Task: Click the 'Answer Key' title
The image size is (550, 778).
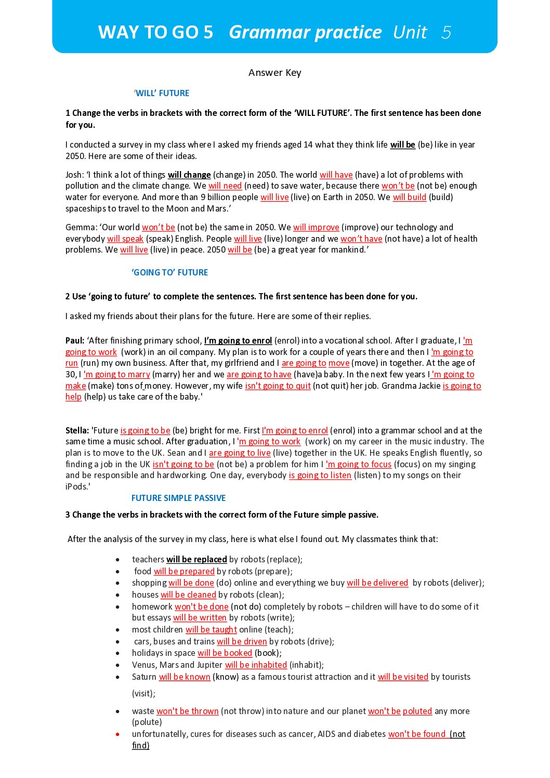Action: pyautogui.click(x=274, y=73)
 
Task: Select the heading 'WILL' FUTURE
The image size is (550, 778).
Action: pyautogui.click(x=162, y=94)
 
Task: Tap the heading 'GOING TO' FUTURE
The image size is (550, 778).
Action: pyautogui.click(x=169, y=272)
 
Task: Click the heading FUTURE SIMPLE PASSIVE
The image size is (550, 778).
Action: pyautogui.click(x=178, y=498)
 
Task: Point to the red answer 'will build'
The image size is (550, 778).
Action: pyautogui.click(x=409, y=197)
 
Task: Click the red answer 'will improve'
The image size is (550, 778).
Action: pyautogui.click(x=316, y=228)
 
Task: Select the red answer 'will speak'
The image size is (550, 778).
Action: pyautogui.click(x=125, y=239)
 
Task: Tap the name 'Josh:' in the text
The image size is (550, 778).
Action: pyautogui.click(x=74, y=175)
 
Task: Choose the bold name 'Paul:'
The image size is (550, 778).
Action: pyautogui.click(x=75, y=341)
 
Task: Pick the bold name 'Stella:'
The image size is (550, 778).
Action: pyautogui.click(x=77, y=431)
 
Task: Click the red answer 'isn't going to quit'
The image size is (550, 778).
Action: pyautogui.click(x=278, y=386)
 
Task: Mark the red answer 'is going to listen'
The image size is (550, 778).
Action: pyautogui.click(x=320, y=476)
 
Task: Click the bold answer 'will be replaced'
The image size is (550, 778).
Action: pyautogui.click(x=197, y=560)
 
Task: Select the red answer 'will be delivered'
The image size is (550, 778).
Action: pyautogui.click(x=377, y=583)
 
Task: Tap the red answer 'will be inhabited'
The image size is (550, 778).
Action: pyautogui.click(x=256, y=665)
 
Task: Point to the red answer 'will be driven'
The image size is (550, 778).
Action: pyautogui.click(x=242, y=642)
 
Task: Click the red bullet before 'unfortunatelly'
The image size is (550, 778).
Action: pyautogui.click(x=118, y=734)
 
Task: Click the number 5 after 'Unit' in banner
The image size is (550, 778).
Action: pyautogui.click(x=446, y=33)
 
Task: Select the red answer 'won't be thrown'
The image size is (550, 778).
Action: pyautogui.click(x=188, y=711)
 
